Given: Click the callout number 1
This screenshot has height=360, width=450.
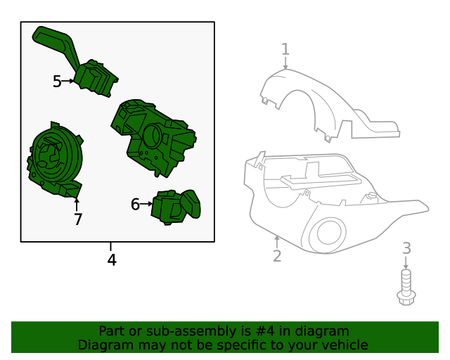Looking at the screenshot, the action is point(285,49).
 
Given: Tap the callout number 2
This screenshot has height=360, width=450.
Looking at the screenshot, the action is point(277,256).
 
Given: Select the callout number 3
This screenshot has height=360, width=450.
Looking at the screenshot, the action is point(406,248).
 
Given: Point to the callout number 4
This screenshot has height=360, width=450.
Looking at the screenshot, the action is point(112,260).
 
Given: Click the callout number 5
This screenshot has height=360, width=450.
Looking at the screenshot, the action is point(57,82).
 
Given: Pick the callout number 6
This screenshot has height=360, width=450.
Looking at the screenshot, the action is point(135,205).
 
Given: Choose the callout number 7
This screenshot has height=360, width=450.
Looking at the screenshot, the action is point(78,219).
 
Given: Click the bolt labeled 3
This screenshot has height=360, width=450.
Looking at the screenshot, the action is point(406,288).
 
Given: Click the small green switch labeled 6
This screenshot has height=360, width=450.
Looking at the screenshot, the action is point(176,207).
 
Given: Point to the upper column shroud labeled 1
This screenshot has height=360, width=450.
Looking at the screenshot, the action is point(329,105).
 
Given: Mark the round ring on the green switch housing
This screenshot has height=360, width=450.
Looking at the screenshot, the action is point(152,136).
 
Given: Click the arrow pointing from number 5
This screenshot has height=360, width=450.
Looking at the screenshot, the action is point(68,82).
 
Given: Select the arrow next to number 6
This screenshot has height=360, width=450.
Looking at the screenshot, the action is point(147,204).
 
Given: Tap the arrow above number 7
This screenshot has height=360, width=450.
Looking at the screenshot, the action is point(77,205).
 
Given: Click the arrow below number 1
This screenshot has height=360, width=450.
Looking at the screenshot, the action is point(285,63).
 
